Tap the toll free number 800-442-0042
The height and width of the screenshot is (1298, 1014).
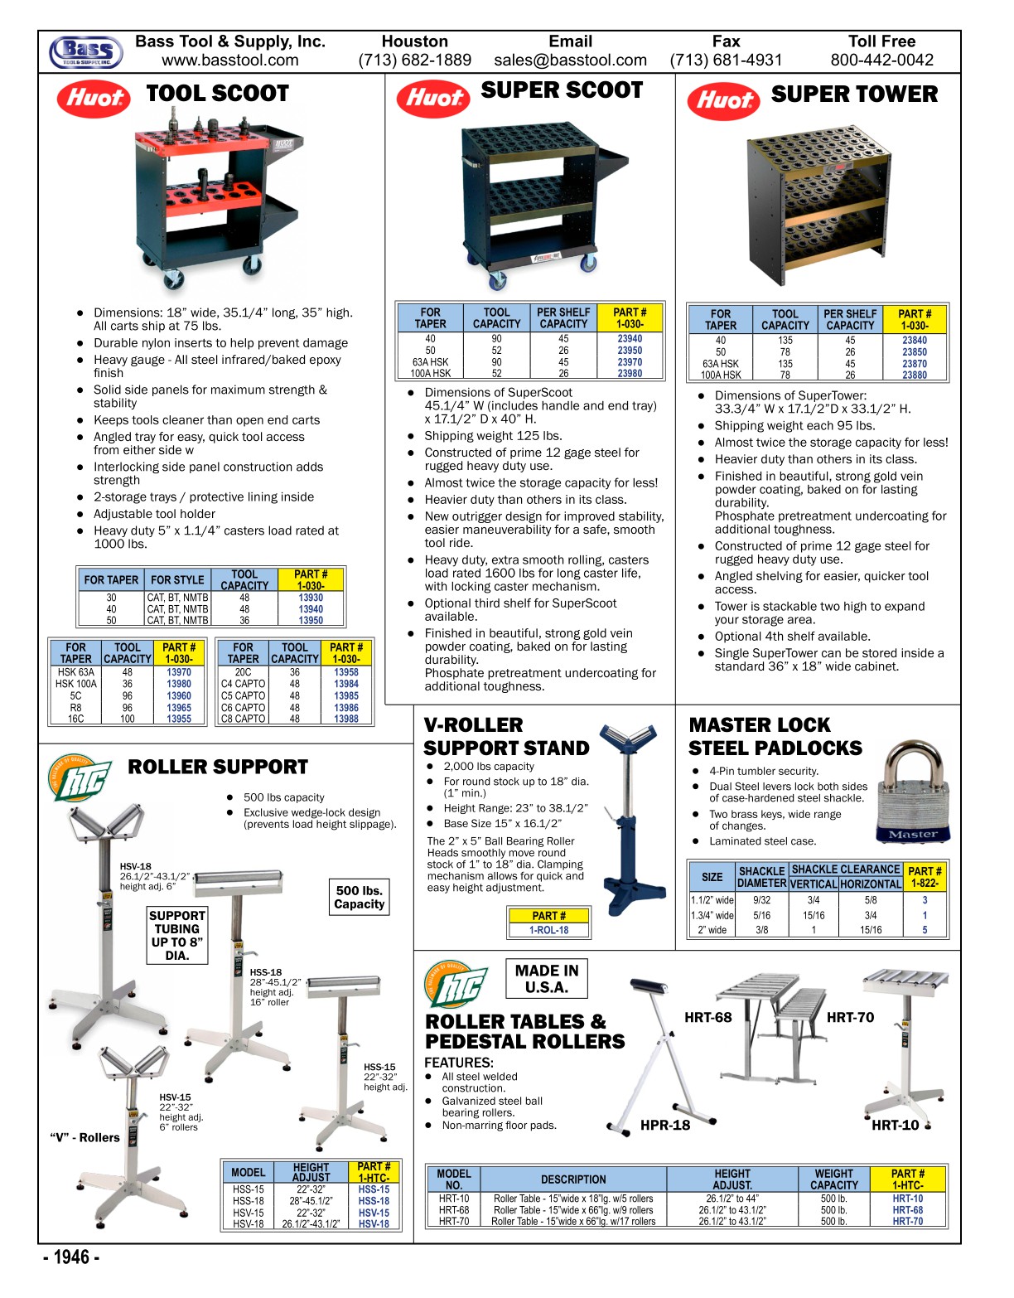[881, 61]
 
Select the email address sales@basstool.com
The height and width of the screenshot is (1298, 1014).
[570, 61]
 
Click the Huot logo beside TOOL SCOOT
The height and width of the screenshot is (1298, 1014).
[94, 98]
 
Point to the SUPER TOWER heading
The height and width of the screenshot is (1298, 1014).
[853, 94]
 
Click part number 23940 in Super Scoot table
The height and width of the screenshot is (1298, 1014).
[630, 339]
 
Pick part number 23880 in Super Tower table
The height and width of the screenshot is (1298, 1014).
[915, 375]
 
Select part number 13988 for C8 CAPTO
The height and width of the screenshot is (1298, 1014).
[346, 719]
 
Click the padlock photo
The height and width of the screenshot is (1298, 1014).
[911, 793]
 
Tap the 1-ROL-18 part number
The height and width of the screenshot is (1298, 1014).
[548, 930]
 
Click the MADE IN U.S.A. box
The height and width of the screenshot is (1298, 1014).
[547, 979]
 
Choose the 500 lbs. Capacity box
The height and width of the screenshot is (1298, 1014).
[359, 897]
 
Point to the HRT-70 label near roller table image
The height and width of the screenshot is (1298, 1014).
[850, 1018]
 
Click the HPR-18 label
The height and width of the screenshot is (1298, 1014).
[664, 1125]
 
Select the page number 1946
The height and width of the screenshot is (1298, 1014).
[71, 1257]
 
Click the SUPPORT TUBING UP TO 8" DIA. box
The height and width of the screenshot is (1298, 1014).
[176, 935]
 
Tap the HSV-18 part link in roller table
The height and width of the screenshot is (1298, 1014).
[374, 1224]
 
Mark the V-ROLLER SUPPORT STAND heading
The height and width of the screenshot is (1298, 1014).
[506, 737]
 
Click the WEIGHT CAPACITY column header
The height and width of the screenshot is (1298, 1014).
[833, 1179]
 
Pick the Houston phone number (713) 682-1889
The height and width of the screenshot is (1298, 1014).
[414, 61]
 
